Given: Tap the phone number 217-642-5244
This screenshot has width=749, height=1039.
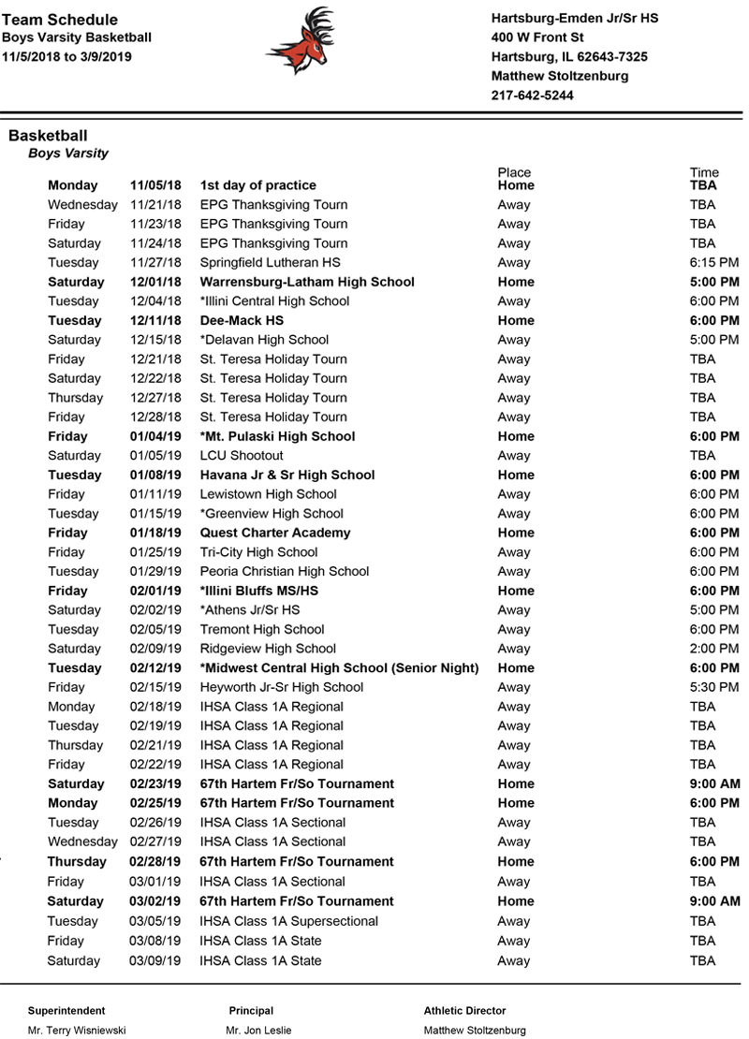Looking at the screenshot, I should pos(532,95).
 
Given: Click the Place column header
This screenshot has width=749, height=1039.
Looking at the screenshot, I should pos(514,172).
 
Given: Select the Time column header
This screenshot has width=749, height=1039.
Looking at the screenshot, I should pos(704,172).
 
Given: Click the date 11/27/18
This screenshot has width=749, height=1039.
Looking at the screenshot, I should pos(155,263).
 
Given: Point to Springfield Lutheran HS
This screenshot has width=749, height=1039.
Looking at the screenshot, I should pos(271,263).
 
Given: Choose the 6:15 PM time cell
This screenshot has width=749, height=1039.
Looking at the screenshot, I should pos(714,263).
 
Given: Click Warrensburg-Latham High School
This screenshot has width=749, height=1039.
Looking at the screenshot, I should pos(307,282).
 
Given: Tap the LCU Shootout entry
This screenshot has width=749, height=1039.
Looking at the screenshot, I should pos(242,456).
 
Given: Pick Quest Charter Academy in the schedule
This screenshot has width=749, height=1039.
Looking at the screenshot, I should pos(275,533).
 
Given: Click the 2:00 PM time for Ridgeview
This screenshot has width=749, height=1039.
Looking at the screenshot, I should pos(714,649).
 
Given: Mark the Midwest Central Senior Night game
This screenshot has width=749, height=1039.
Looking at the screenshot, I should pos(339,668).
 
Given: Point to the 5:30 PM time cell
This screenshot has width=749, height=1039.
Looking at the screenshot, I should pos(714,687).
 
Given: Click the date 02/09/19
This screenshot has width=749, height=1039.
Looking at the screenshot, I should pos(155,649).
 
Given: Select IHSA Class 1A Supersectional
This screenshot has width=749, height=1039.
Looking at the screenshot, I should pos(289,921).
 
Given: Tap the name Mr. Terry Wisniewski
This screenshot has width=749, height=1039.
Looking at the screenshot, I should pos(77,1031).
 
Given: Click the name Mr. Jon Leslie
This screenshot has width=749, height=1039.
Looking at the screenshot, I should pos(258,1031).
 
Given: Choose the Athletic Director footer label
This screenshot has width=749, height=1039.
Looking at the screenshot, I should pos(464,1011).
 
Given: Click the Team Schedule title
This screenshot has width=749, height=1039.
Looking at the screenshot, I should pos(60,20).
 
